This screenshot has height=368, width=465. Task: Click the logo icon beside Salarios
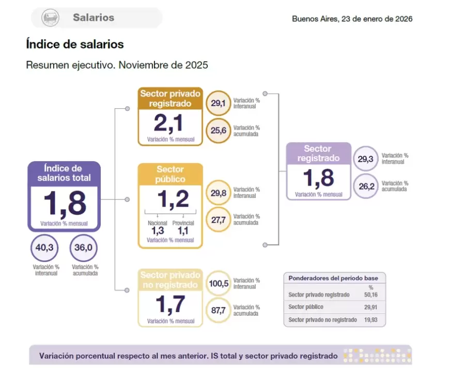coord(50,18)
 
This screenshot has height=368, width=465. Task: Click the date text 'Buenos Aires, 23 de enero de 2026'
coord(352,19)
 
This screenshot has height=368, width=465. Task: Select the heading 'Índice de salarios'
coord(75,44)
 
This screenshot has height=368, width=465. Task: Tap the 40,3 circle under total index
coord(44,248)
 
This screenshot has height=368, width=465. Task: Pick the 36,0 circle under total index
coord(83,248)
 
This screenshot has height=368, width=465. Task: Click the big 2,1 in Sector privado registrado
coord(169,123)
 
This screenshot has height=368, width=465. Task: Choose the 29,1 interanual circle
coord(218,103)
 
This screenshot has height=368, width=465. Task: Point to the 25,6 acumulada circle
coord(218,131)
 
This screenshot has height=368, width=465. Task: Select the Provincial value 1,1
coord(183,231)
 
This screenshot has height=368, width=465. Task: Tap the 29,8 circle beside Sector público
coord(218,193)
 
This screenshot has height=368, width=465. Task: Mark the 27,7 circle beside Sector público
coord(218,219)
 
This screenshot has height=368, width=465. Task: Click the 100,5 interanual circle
coord(218,283)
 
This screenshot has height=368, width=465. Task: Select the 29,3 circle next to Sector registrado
coord(366,159)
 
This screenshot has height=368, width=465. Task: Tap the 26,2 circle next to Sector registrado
coord(366,186)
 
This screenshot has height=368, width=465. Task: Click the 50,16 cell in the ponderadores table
coord(370,295)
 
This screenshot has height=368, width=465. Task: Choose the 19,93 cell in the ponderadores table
coord(370,320)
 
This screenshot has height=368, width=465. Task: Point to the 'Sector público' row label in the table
coord(306,307)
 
